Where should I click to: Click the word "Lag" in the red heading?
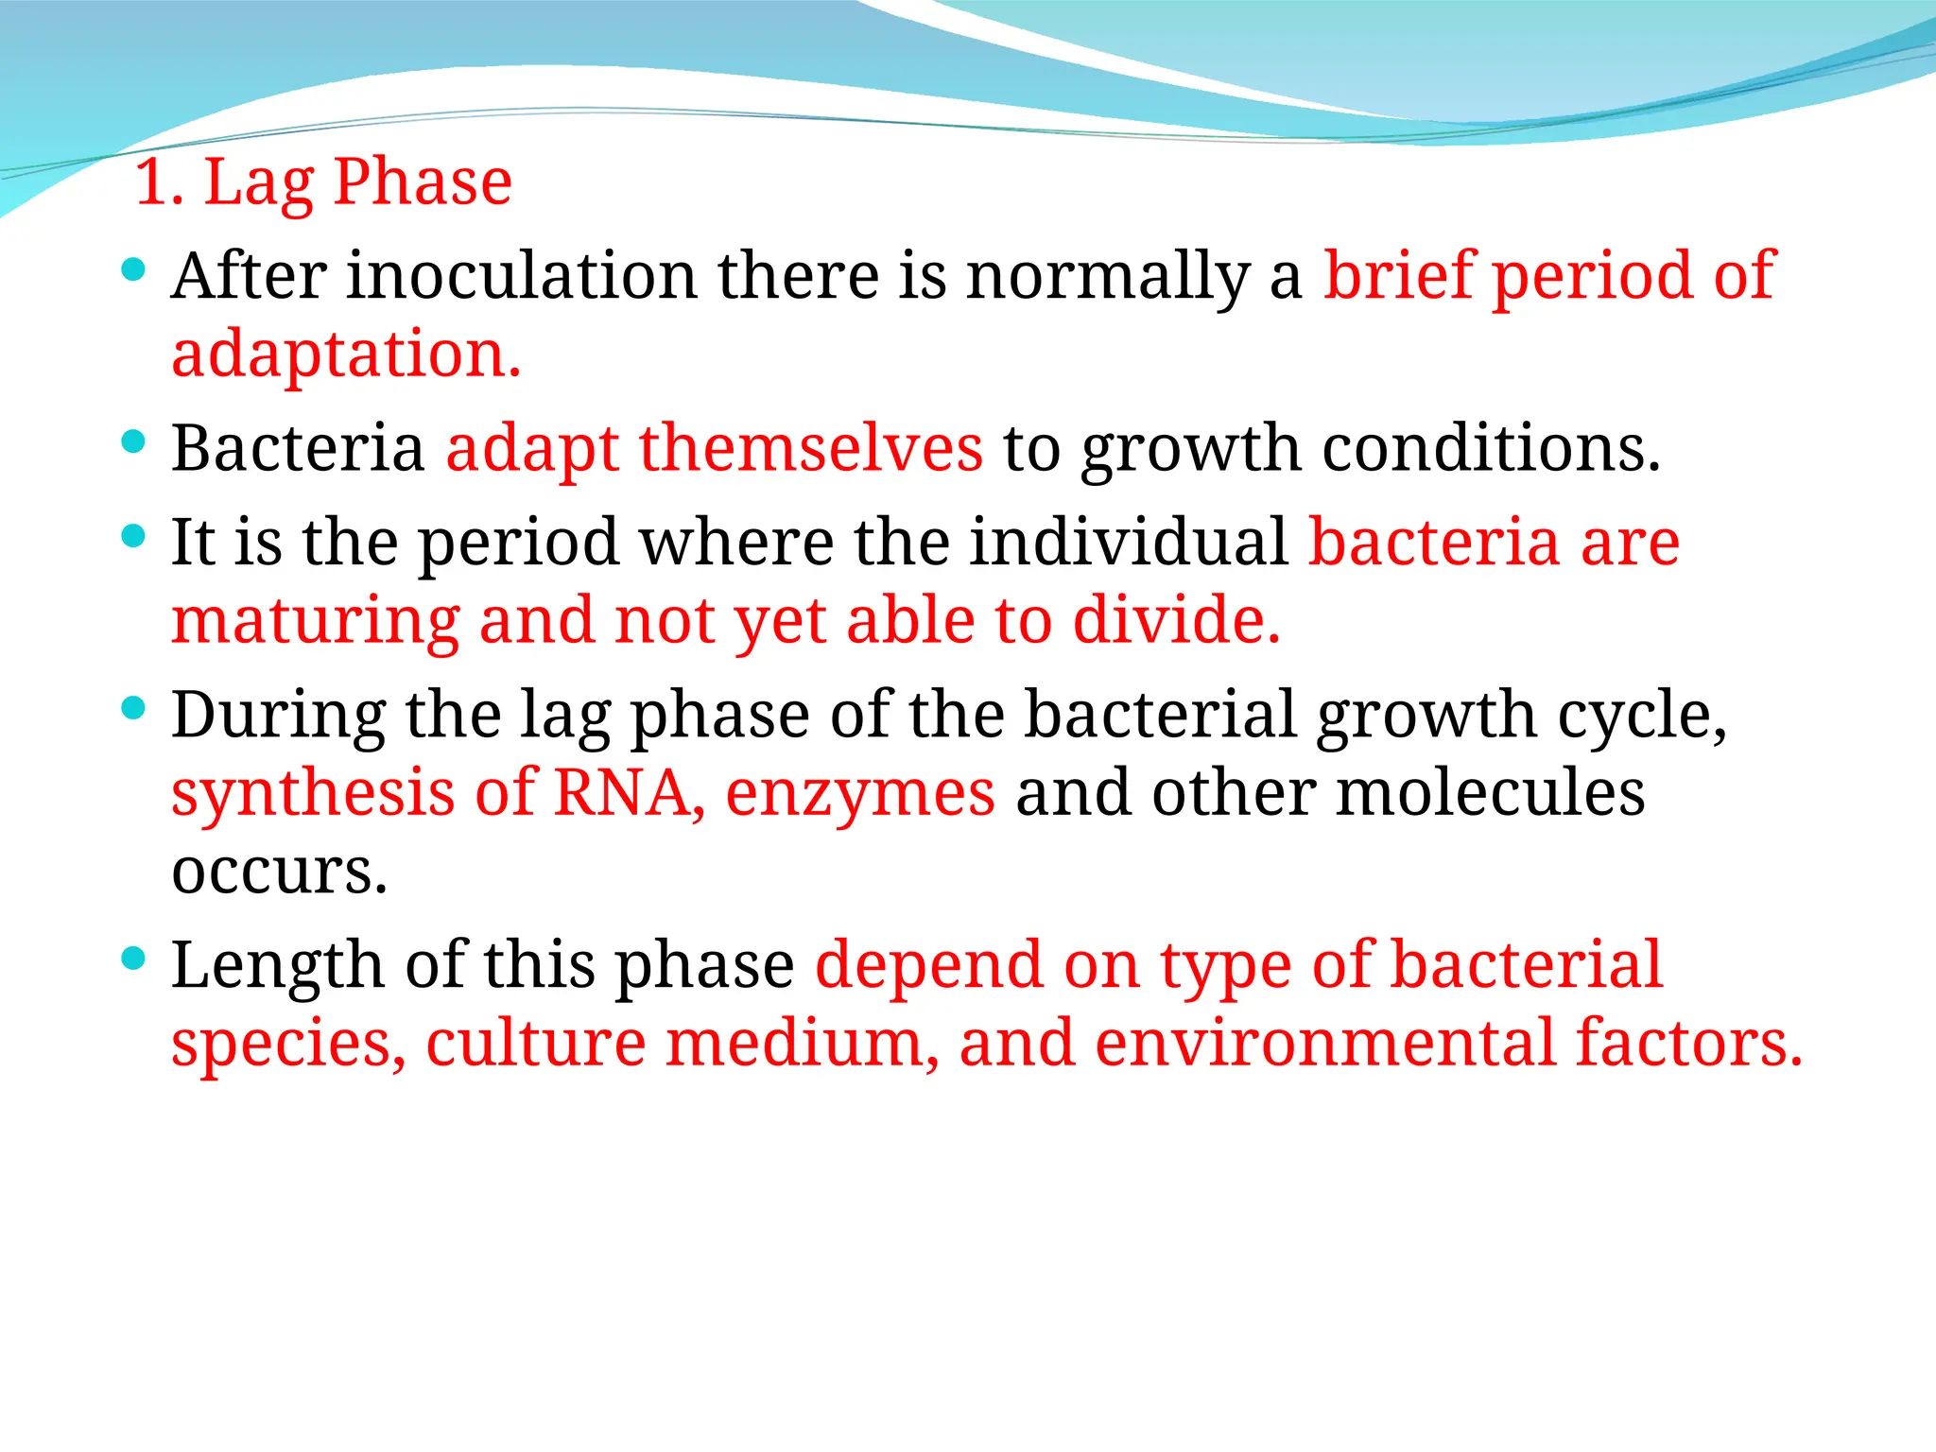[x=258, y=184]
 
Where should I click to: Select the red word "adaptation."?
[x=346, y=355]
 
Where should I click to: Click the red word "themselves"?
[x=810, y=448]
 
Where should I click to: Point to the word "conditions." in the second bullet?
[x=1491, y=448]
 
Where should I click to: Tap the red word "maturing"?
[x=316, y=623]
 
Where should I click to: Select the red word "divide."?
[x=1177, y=621]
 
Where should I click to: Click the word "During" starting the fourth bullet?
[x=279, y=716]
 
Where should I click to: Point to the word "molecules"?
[x=1491, y=793]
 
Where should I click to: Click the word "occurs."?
[x=280, y=873]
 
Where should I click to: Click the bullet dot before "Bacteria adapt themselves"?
[x=134, y=441]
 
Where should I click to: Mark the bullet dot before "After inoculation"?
[x=134, y=270]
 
